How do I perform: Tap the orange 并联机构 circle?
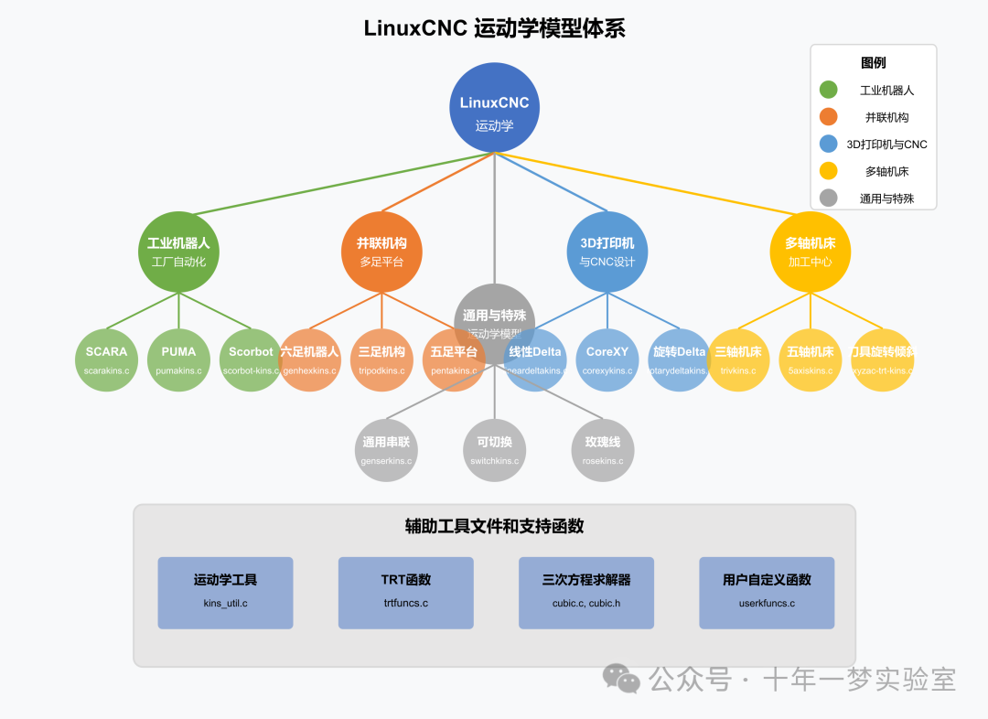pyautogui.click(x=382, y=252)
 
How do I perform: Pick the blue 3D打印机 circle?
pyautogui.click(x=607, y=252)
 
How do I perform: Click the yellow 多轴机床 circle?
pyautogui.click(x=811, y=252)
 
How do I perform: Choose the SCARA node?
pyautogui.click(x=106, y=359)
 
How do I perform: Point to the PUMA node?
pyautogui.click(x=178, y=359)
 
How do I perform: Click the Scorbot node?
pyautogui.click(x=251, y=359)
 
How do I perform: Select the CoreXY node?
pyautogui.click(x=607, y=359)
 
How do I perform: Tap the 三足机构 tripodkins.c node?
pyautogui.click(x=382, y=359)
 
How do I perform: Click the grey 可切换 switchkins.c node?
pyautogui.click(x=494, y=450)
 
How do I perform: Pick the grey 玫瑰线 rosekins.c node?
pyautogui.click(x=603, y=450)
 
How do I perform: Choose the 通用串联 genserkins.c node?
pyautogui.click(x=386, y=450)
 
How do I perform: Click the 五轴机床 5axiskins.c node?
pyautogui.click(x=811, y=359)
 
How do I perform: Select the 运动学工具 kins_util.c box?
pyautogui.click(x=225, y=593)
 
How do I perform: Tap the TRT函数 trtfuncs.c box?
pyautogui.click(x=406, y=593)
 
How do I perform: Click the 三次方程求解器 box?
pyautogui.click(x=586, y=593)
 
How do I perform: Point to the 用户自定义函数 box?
pyautogui.click(x=767, y=593)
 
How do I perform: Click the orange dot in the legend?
pyautogui.click(x=829, y=117)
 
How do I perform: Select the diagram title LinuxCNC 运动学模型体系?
pyautogui.click(x=494, y=28)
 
